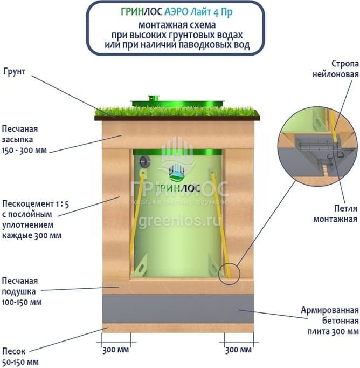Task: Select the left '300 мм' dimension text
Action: point(115,350)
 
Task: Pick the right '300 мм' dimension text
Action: point(238,350)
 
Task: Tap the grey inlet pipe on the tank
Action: point(143,161)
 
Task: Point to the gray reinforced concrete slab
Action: point(178,308)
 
